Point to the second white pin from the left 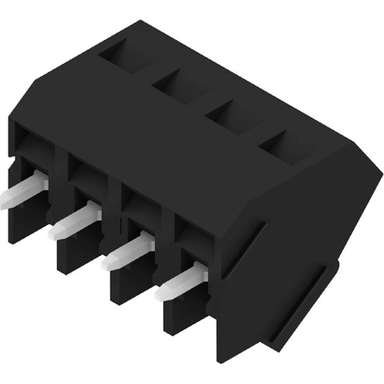pos(74,223)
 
